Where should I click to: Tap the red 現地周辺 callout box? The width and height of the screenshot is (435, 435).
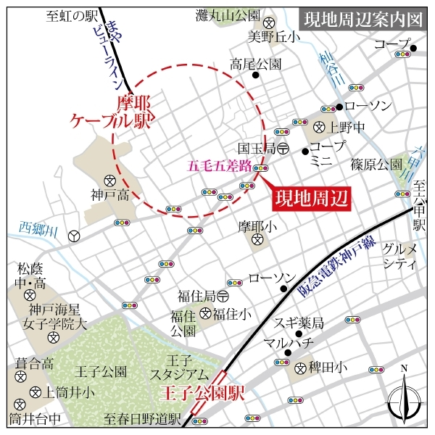(x=310, y=197)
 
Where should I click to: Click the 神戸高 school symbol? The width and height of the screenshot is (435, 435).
(x=110, y=181)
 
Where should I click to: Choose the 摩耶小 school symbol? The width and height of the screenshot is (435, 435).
(x=257, y=240)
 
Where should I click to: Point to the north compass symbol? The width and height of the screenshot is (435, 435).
(x=404, y=396)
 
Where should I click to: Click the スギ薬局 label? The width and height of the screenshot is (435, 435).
(x=298, y=322)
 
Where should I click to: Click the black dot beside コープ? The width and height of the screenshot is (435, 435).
(x=413, y=49)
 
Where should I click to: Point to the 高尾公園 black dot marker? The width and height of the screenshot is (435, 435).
(x=255, y=75)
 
